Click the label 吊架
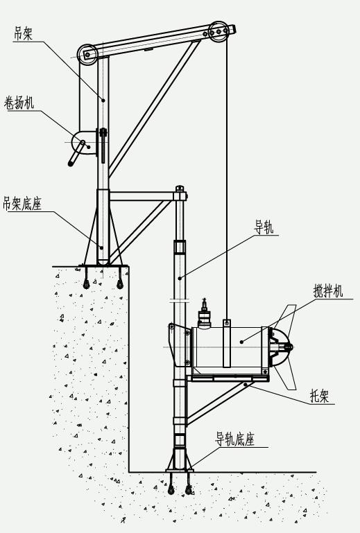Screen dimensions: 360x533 (x=23, y=34)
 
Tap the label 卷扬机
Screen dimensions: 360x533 (x=19, y=103)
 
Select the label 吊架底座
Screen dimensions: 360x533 (x=22, y=204)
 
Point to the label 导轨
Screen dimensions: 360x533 (x=264, y=227)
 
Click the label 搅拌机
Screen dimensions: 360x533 (x=328, y=291)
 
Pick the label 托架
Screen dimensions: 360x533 (x=320, y=396)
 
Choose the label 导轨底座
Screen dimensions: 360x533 (x=234, y=439)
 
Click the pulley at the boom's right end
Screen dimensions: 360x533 (x=218, y=32)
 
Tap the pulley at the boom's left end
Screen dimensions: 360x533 (x=87, y=54)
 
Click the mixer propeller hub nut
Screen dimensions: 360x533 (x=289, y=347)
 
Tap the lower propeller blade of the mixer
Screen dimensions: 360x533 (x=286, y=377)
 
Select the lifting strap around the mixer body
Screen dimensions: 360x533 (x=227, y=343)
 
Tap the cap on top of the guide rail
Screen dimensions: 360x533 (x=180, y=188)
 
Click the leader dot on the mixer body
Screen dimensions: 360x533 (x=242, y=342)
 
